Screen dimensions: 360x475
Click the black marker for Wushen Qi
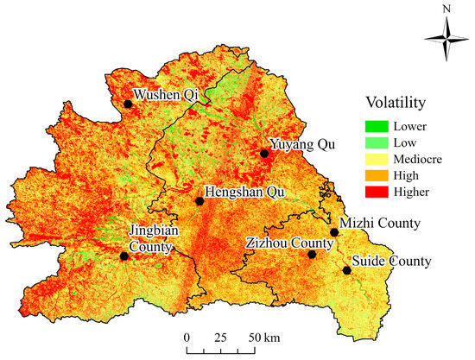tap(128, 104)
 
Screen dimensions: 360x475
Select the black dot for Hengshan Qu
tap(199, 201)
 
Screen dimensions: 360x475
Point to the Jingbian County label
tap(151, 238)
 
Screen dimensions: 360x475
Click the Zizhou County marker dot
tap(313, 255)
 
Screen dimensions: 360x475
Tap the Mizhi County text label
tap(380, 223)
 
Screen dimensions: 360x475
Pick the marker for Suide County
tap(347, 270)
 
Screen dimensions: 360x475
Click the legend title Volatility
tap(395, 103)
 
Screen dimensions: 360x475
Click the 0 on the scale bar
tap(186, 336)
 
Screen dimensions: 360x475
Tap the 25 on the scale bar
tap(219, 336)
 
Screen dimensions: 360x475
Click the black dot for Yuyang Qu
tap(264, 154)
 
